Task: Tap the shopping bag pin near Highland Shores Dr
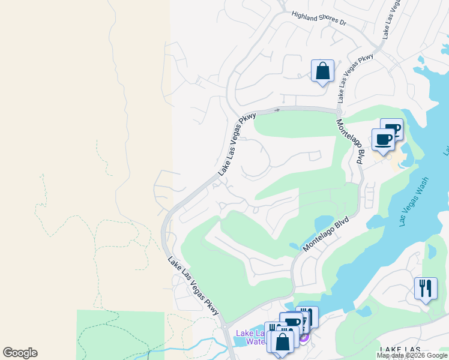click(x=322, y=71)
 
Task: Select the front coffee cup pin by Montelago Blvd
click(x=383, y=140)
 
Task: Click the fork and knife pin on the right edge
click(x=426, y=288)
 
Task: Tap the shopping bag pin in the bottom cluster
click(x=282, y=341)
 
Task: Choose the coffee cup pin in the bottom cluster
click(x=292, y=323)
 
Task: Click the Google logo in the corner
click(x=20, y=353)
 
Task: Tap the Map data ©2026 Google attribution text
click(x=412, y=355)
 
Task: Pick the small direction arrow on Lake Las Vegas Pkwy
click(x=277, y=110)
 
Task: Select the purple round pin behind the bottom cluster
click(x=304, y=337)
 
